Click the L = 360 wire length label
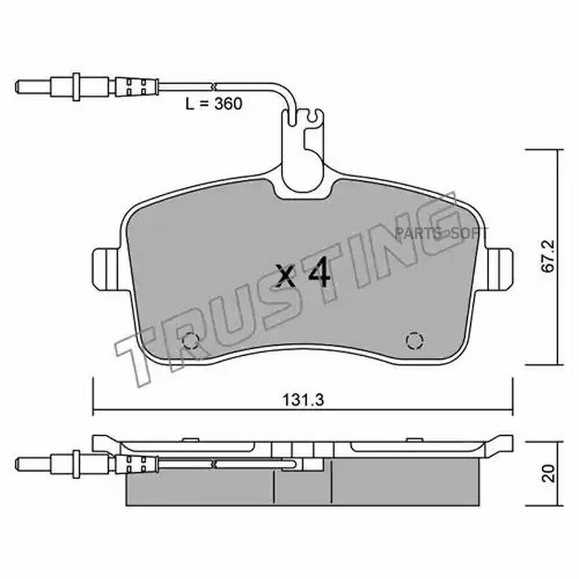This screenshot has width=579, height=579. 214,104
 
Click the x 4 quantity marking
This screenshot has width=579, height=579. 304,272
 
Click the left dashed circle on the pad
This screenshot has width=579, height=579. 191,340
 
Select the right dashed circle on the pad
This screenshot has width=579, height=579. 414,340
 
